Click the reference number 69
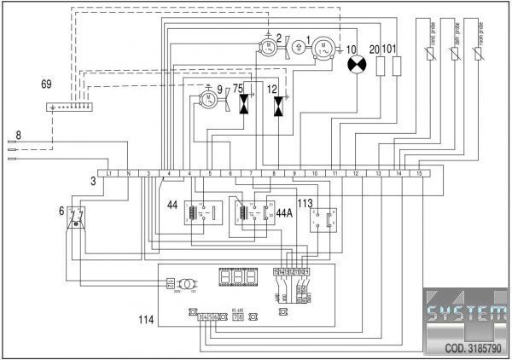(x=46, y=85)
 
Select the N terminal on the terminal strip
(x=128, y=173)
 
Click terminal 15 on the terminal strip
(x=419, y=173)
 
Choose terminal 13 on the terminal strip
(x=378, y=173)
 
